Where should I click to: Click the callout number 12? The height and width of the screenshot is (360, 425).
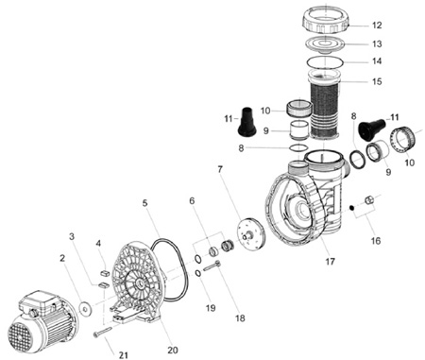377,26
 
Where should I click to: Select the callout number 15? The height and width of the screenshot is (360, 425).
377,81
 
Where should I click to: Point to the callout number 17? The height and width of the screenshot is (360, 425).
330,261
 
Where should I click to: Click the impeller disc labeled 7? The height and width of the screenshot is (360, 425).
251,233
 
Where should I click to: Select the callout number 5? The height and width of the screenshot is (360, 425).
144,203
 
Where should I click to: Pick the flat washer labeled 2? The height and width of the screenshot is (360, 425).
85,309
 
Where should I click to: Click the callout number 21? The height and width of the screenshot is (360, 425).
124,355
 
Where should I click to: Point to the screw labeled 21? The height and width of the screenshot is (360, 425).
103,332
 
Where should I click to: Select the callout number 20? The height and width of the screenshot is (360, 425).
173,350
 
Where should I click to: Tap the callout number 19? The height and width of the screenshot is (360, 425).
211,307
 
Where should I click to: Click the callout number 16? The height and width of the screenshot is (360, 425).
376,241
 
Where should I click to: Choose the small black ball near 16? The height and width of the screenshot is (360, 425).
351,207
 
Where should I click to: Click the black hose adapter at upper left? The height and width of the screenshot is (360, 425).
246,122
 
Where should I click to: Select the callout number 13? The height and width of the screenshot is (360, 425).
377,43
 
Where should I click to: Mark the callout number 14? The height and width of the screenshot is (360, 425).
377,60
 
